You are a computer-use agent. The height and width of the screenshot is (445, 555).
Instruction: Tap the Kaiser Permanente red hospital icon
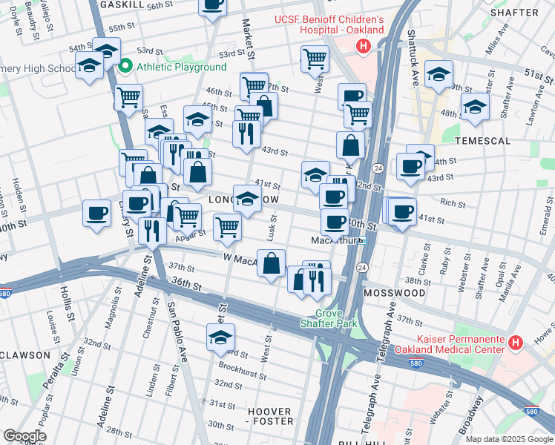click(x=516, y=343)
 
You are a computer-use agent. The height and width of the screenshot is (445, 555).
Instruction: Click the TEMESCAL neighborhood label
click(x=483, y=140)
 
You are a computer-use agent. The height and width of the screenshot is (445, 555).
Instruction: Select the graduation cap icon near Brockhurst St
click(x=220, y=337)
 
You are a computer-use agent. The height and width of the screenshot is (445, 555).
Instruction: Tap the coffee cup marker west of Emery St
click(x=96, y=214)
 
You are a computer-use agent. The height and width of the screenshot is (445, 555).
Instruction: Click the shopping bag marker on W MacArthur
click(x=272, y=263)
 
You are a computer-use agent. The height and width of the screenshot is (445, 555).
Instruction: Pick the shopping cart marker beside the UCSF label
click(x=315, y=57)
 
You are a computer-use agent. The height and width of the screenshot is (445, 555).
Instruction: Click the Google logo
click(x=24, y=436)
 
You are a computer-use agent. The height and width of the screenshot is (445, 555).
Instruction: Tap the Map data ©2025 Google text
click(x=509, y=439)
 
